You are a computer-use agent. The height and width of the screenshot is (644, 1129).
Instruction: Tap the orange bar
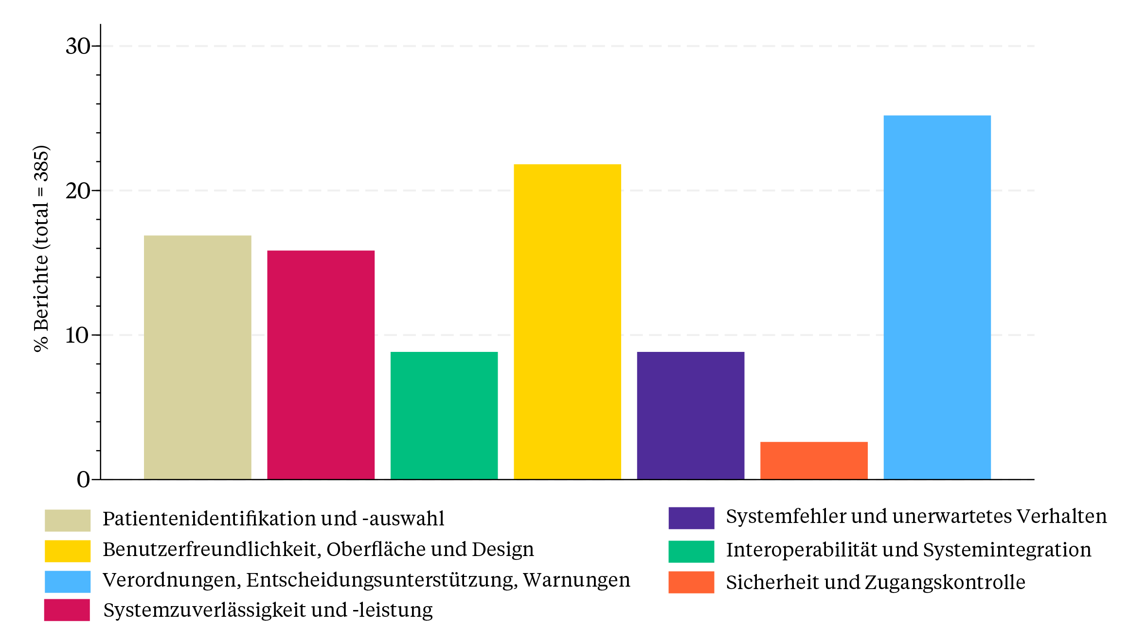click(814, 460)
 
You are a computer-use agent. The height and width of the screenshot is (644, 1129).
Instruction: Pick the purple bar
click(690, 416)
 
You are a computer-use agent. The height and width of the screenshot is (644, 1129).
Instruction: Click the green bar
click(444, 416)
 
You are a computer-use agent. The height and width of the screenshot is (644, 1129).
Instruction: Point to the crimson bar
click(321, 365)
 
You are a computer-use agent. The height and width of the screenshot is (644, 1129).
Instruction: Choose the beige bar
click(197, 357)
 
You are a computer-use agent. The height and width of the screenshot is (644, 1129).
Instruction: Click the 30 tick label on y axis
click(78, 47)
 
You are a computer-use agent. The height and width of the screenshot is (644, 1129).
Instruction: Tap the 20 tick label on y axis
click(78, 191)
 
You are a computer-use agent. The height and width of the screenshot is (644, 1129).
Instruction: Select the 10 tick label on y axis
click(78, 335)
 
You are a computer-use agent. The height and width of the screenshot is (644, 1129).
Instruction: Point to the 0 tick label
click(83, 480)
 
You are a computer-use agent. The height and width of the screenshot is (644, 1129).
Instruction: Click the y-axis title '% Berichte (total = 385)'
click(42, 248)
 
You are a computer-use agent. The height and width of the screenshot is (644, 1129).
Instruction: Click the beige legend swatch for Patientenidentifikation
click(68, 520)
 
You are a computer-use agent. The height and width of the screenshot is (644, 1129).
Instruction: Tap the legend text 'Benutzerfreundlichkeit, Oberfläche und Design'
click(318, 550)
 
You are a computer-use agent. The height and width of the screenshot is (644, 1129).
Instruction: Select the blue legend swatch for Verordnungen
click(68, 581)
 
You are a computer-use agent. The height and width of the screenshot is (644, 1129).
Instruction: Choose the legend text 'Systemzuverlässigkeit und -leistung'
click(268, 610)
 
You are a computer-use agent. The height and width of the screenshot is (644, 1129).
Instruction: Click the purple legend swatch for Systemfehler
click(691, 518)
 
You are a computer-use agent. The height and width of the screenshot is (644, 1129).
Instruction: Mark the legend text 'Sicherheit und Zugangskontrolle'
click(876, 582)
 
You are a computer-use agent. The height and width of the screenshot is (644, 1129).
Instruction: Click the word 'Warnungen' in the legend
click(576, 580)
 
